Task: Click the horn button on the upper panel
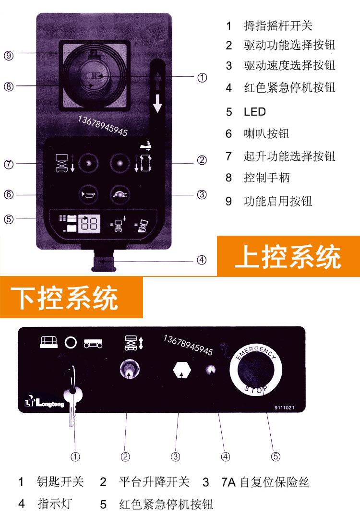point(89,194)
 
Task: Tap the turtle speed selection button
point(120,194)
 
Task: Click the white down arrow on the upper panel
point(157,104)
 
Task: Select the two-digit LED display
point(89,223)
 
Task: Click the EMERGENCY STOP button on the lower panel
point(256,370)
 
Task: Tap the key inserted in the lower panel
point(72,397)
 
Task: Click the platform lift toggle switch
point(129,370)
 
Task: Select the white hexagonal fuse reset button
point(182,370)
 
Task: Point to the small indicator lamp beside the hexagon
point(210,370)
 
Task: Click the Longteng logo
point(44,402)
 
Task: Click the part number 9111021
point(284,408)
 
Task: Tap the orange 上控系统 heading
point(288,256)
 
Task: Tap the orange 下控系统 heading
point(71,297)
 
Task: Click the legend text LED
point(255,112)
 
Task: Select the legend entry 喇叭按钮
point(266,134)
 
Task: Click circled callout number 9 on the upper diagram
point(9,56)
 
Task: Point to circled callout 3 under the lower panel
point(176,456)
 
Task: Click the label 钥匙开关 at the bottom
point(60,481)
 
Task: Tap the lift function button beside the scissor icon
point(89,163)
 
